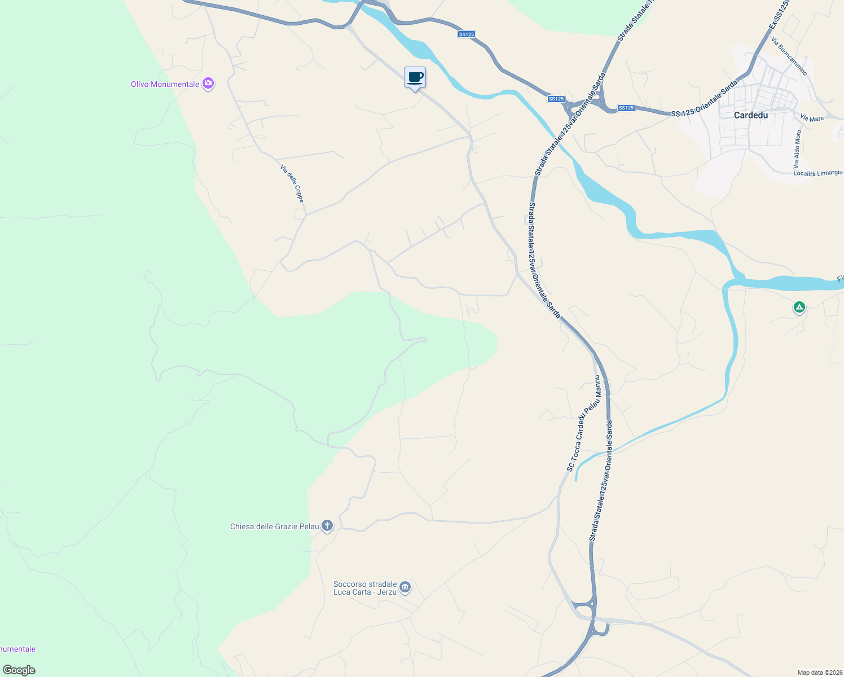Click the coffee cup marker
[x=415, y=78]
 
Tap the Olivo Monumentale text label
[x=165, y=85]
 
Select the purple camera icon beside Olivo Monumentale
[x=208, y=84]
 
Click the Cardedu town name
[x=751, y=115]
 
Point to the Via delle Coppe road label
[x=292, y=183]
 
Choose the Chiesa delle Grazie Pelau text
[x=274, y=527]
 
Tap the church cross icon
[x=327, y=526]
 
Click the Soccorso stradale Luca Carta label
[x=365, y=588]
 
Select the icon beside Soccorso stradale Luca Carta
[x=405, y=588]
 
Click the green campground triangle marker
[x=799, y=307]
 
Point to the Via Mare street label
[x=812, y=118]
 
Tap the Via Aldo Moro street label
[x=797, y=150]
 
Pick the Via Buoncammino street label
[x=789, y=57]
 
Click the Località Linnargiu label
[x=817, y=173]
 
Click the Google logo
[x=19, y=670]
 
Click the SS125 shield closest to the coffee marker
[x=466, y=34]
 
